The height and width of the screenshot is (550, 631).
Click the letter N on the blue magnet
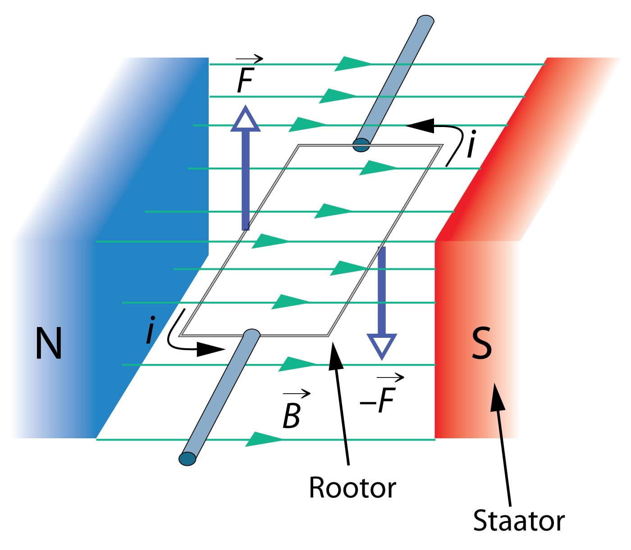coord(48,343)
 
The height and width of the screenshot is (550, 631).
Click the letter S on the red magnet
coord(481,343)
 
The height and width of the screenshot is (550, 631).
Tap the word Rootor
coord(352,487)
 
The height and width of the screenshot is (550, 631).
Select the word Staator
coord(518,521)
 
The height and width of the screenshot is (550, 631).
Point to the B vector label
coord(292,415)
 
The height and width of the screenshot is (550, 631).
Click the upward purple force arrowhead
coord(246,119)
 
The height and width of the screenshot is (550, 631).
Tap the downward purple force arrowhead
coord(382,345)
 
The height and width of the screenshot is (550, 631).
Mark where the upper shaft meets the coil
coord(361,145)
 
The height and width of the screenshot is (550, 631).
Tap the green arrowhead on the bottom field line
coord(264,439)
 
